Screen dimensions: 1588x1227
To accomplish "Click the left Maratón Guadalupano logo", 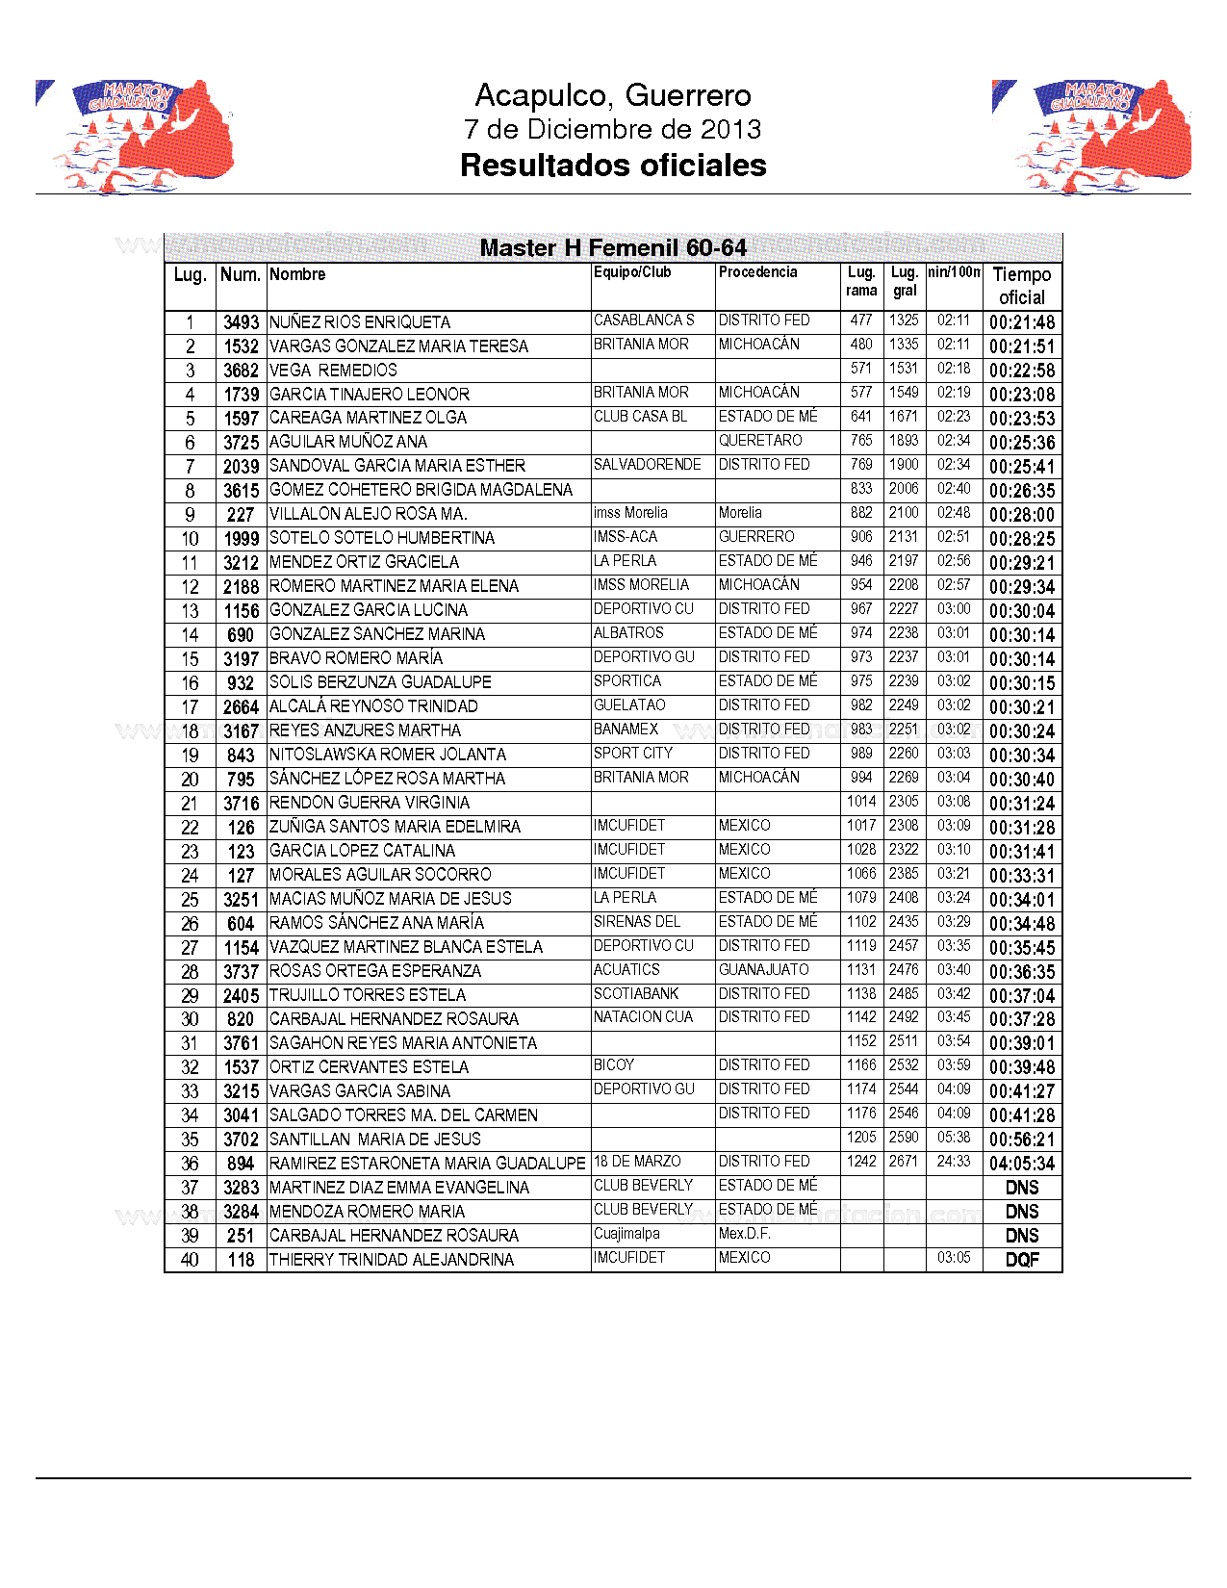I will pos(135,137).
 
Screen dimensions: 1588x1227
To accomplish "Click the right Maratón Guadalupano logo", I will pos(1091,137).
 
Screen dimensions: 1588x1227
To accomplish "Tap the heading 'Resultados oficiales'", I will pos(613,166).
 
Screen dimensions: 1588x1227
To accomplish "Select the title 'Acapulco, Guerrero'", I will pos(613,95).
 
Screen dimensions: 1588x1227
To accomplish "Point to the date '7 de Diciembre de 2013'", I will pos(613,129).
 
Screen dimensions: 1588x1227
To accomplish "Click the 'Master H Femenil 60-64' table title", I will pos(613,248).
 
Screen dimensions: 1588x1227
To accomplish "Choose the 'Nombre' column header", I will pos(297,274).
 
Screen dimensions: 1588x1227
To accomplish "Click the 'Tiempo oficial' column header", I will pos(1022,286).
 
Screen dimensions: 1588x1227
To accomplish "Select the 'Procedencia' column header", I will pos(758,272).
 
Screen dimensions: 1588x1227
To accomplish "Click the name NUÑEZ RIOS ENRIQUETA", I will pos(360,322).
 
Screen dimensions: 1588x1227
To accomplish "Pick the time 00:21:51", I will pos(1022,346).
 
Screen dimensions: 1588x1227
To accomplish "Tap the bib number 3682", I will pos(241,371).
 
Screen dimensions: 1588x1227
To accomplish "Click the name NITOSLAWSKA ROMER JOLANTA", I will pos(388,755).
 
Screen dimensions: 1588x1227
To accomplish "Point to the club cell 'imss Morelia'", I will pos(630,513).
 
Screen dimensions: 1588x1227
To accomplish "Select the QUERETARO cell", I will pos(760,441).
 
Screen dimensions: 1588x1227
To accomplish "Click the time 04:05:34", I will pos(1022,1164).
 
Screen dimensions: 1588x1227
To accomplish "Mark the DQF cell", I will pos(1022,1260).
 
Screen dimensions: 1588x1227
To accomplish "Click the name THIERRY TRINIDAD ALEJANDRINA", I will pos(392,1260).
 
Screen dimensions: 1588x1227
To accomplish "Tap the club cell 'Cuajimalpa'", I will pos(626,1234).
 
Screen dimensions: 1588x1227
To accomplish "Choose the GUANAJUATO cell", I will pos(764,970).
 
